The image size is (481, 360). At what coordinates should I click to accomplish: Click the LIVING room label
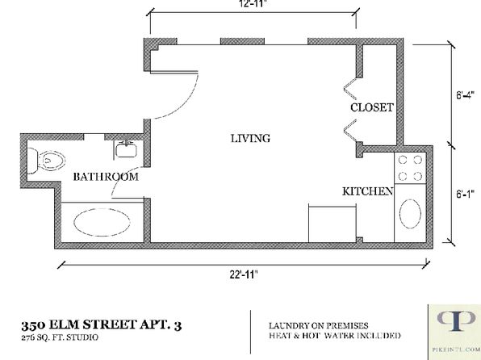click(250, 138)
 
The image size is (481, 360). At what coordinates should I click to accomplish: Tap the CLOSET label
click(372, 107)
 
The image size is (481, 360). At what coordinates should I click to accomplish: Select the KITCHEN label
click(367, 191)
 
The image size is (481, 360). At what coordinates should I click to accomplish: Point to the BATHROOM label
click(106, 177)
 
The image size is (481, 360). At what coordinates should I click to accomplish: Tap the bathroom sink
click(126, 150)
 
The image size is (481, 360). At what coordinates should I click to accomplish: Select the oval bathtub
click(102, 222)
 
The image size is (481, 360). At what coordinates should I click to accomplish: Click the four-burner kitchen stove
click(410, 168)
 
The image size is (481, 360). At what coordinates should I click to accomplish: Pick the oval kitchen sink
click(410, 214)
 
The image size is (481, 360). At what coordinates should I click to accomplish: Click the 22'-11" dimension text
click(244, 274)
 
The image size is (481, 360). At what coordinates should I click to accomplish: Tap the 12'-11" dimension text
click(253, 4)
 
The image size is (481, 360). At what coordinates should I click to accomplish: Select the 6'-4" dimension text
click(465, 95)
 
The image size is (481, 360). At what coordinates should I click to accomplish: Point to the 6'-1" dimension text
click(465, 194)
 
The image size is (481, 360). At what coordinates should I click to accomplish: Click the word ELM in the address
click(65, 324)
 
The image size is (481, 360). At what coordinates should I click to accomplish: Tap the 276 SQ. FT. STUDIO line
click(60, 337)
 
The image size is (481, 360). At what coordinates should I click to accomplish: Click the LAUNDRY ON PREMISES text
click(319, 325)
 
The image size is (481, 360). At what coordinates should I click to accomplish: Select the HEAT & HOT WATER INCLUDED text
click(335, 336)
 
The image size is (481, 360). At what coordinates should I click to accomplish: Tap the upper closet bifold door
click(349, 89)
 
